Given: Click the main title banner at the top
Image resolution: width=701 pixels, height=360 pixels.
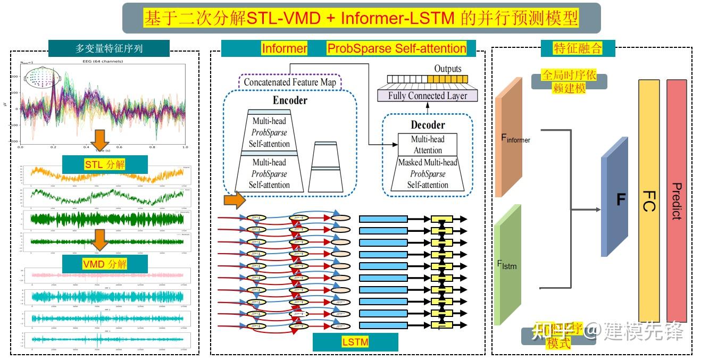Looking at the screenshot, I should tap(361, 18).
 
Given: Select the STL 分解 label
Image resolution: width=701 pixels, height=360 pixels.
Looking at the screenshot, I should tap(105, 164).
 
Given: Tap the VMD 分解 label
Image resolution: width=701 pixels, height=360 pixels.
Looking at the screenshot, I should tap(105, 264).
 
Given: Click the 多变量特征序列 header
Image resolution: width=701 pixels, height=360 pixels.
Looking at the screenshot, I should tap(109, 48).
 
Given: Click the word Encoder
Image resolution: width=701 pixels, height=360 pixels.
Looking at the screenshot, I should tap(290, 101).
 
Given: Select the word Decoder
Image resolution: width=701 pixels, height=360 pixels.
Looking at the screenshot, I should tap(428, 125).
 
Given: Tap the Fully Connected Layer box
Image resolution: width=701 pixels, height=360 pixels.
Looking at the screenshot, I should tap(428, 96).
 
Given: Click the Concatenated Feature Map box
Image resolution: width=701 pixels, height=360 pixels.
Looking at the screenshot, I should tap(290, 82).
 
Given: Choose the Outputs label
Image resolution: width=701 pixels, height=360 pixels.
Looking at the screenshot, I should tap(448, 69).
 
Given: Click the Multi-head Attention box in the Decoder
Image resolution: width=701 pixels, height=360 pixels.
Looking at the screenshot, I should tap(428, 145).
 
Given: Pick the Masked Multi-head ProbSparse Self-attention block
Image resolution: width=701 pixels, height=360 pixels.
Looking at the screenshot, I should tap(428, 174).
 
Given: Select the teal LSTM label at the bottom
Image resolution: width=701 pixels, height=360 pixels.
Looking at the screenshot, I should tap(355, 342).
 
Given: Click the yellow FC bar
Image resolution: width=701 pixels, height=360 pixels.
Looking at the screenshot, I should tap(648, 200).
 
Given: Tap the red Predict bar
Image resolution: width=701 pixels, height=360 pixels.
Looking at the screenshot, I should tap(677, 200).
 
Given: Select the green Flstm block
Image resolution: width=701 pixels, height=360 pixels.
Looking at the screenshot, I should tap(507, 265).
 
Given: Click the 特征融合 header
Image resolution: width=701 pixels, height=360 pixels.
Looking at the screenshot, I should tap(578, 48).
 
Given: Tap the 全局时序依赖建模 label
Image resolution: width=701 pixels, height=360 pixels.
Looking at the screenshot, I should tap(569, 81).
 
